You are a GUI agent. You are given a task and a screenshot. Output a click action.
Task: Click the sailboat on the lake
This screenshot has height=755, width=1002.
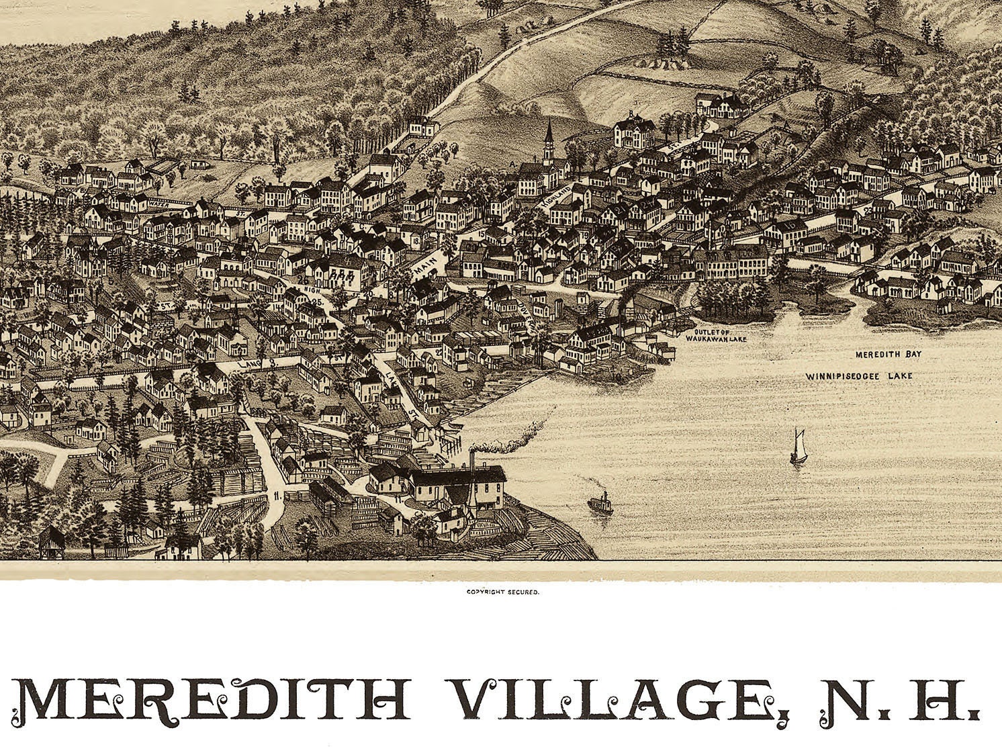(797, 447)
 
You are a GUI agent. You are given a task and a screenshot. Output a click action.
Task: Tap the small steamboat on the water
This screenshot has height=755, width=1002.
(600, 504)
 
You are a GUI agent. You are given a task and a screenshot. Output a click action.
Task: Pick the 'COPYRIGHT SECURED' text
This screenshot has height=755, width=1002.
(503, 592)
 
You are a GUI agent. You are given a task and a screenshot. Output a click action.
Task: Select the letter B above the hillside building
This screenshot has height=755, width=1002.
(632, 113)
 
